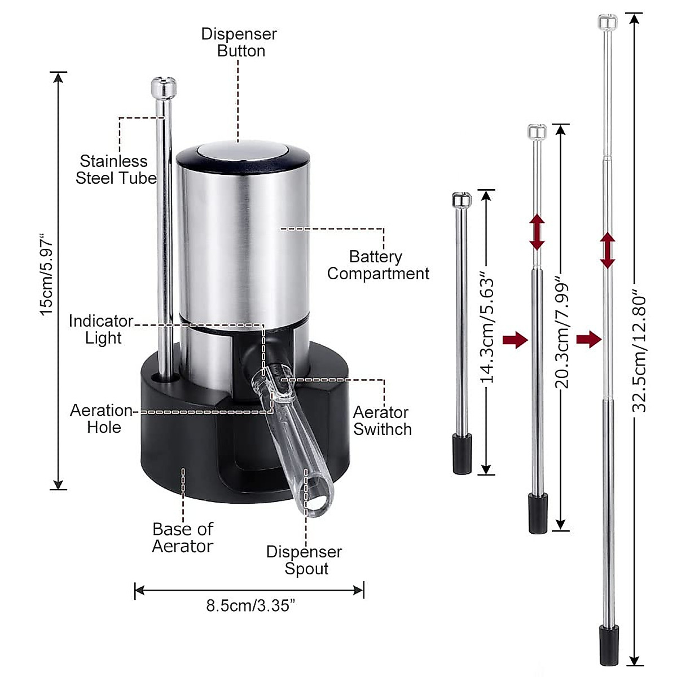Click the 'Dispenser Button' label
pos(239,42)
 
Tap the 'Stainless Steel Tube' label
pos(116,170)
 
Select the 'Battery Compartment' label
pos(378,265)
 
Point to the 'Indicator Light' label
pos(101,329)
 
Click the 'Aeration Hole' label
pos(101,419)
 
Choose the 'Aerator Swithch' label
pos(383,421)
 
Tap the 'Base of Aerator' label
pos(183,538)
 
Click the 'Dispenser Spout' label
pos(304,560)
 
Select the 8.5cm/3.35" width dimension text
pos(250,606)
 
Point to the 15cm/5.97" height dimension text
pos(47,274)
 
